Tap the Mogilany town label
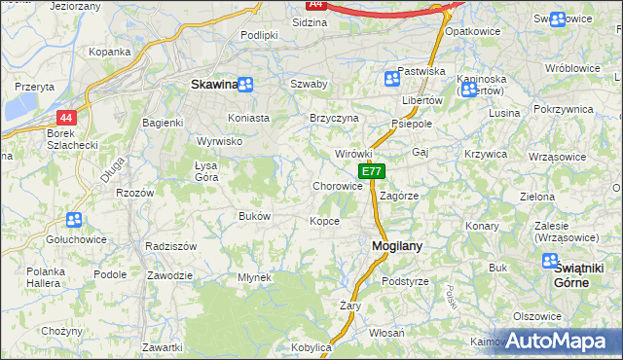pos(397,246)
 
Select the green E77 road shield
pos(372,171)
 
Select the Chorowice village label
pos(338,186)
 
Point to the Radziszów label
pos(170,246)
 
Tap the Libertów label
pos(422,100)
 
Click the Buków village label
pos(254,216)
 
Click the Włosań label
pos(386,333)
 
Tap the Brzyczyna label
pos(334,118)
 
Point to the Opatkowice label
pos(465,31)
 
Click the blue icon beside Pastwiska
pos(391,79)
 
